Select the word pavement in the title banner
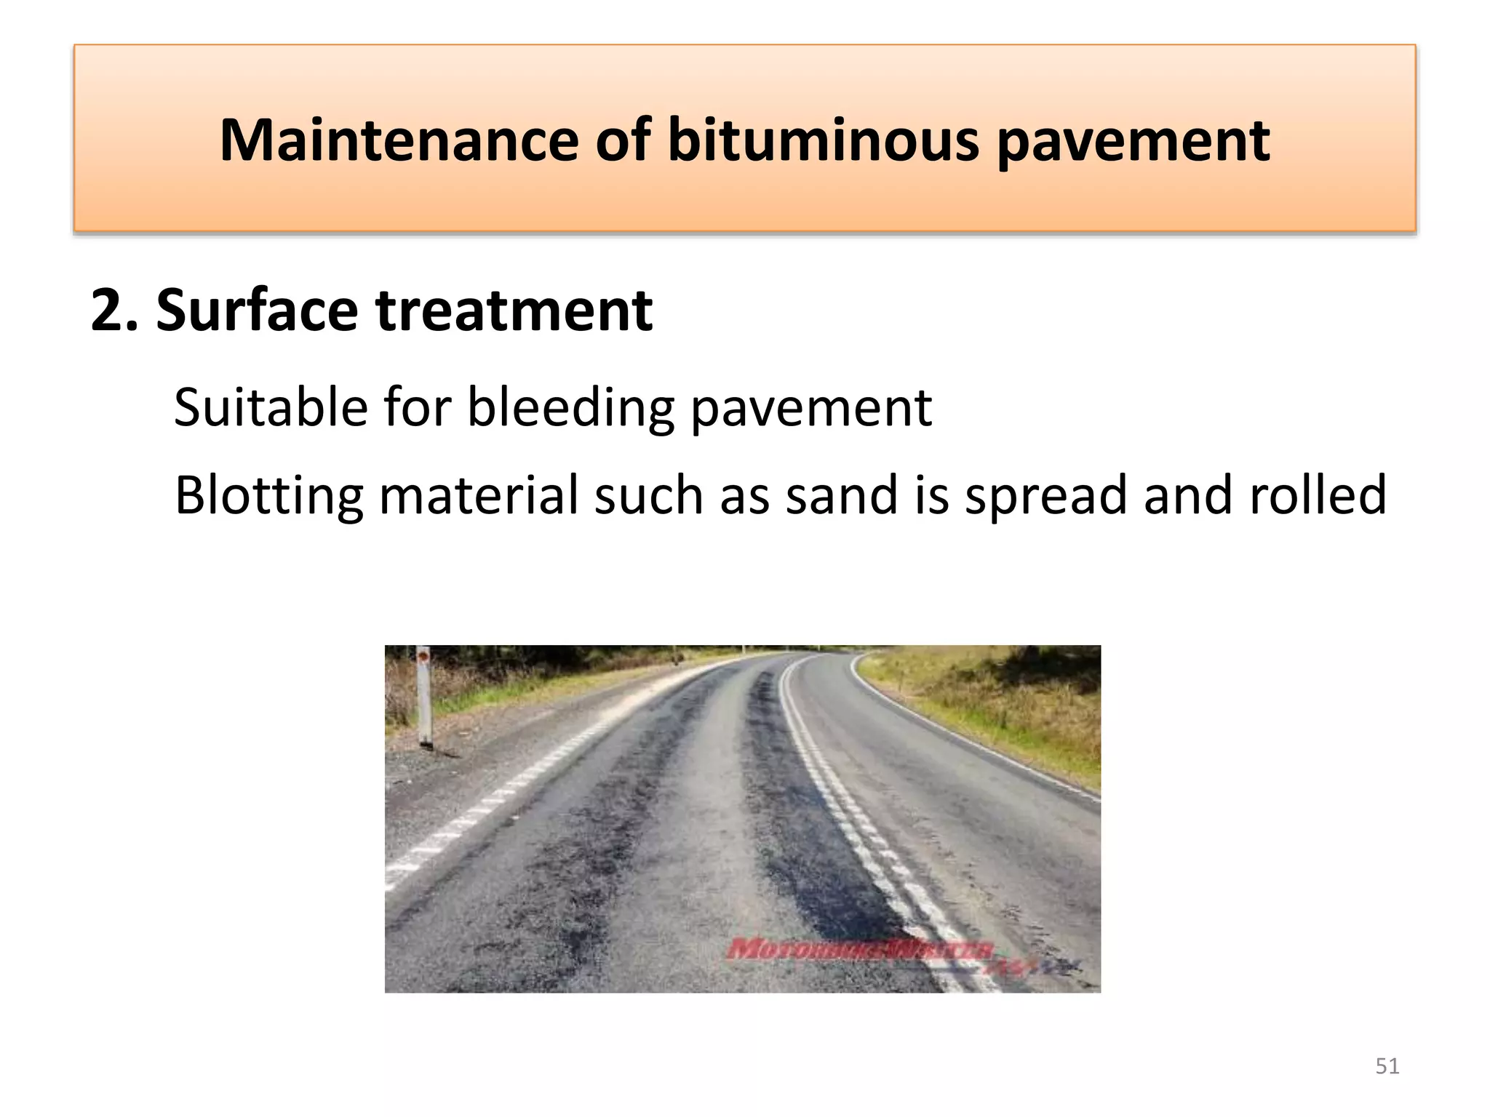(1133, 141)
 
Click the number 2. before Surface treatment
(114, 311)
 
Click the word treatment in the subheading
(514, 311)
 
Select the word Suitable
(271, 407)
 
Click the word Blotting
(268, 496)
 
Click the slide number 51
(1387, 1066)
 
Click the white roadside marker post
(424, 698)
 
